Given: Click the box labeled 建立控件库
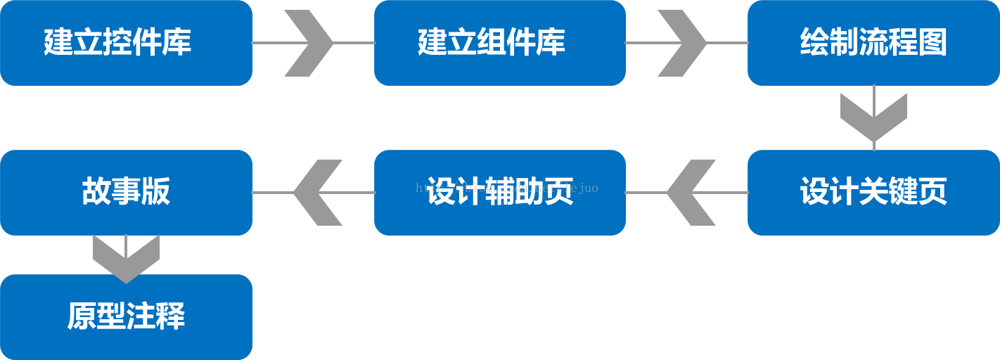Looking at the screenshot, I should coord(126,43).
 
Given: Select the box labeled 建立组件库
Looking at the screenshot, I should coord(499,43).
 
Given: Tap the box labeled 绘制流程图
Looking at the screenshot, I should coord(873,43).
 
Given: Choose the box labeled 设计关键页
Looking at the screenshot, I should coord(873,192).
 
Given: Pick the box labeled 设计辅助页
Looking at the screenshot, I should coord(499,192).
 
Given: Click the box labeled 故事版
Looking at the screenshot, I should coord(126,192).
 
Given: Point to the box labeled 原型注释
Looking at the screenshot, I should coord(126,316).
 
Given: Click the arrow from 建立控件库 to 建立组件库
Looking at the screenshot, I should coord(309,43).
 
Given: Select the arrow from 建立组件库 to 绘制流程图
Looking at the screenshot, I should coord(683,43).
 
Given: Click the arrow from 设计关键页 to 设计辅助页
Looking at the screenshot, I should coord(691,192).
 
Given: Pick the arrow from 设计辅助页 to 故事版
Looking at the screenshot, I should coord(317,192).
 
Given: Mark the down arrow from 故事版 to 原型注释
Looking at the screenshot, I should coord(126,257).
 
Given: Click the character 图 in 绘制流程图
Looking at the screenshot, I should coord(932,43).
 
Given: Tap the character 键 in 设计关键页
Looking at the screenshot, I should coord(903,192).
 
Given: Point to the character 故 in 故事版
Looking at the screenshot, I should coord(96,192).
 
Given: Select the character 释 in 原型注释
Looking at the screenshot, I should coord(170,316).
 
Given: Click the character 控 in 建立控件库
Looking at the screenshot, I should coord(117,43).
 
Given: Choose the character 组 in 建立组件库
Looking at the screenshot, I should coord(491,43).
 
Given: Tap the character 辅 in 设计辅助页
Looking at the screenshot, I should coord(499,192).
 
